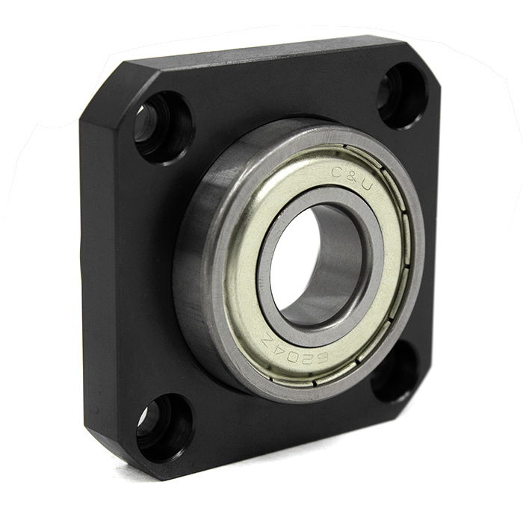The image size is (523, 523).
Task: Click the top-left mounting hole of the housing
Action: [164, 127]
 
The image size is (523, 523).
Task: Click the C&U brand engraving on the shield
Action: [351, 178]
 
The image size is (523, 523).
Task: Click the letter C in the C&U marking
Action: [335, 172]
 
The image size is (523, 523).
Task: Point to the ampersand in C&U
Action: [350, 178]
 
